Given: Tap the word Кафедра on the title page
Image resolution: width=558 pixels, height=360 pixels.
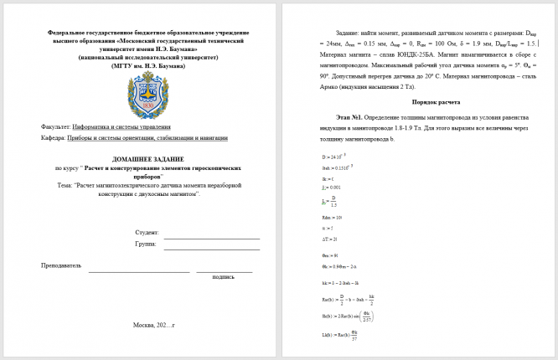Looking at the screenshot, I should (x=53, y=137).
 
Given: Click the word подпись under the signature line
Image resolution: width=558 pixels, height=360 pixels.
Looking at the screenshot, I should (x=224, y=276).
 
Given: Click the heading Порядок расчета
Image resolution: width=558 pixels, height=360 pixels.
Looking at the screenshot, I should (x=419, y=101).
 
